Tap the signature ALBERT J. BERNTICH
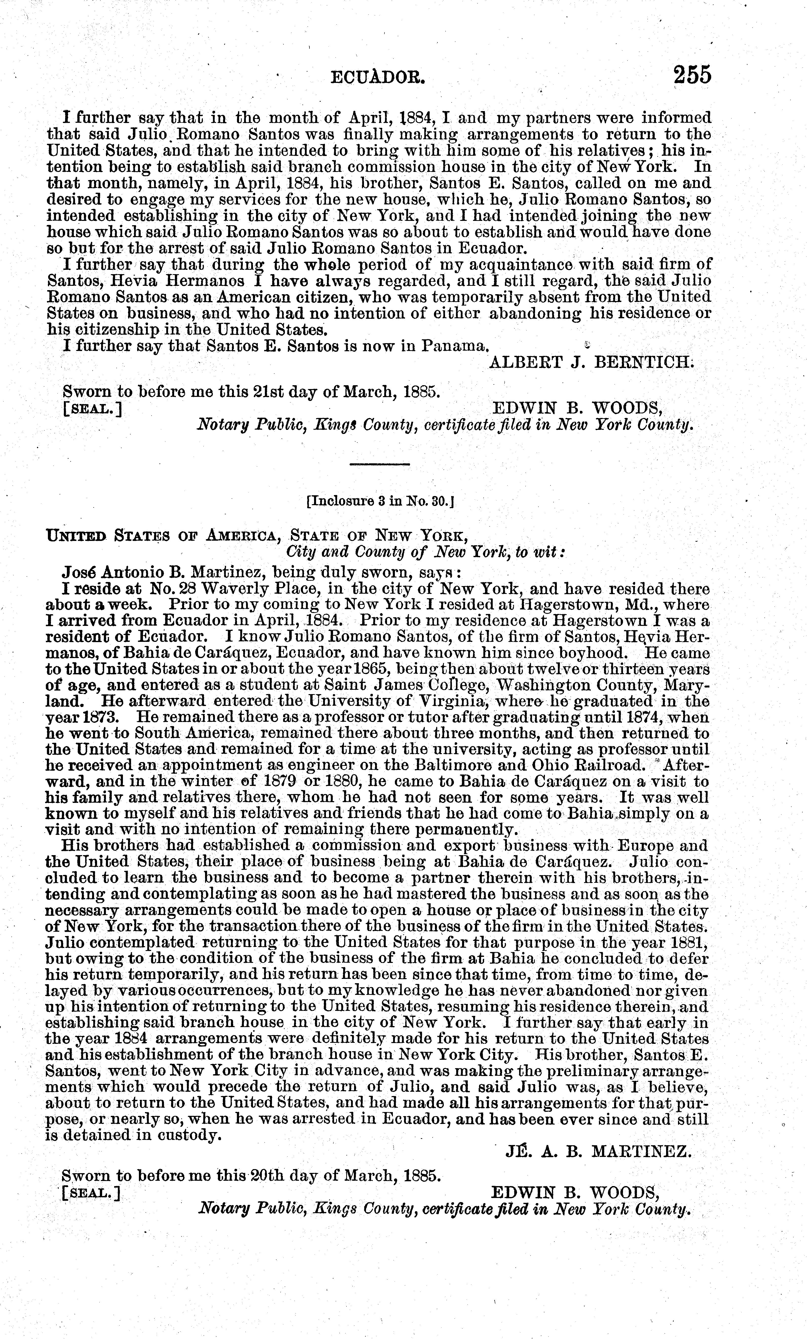[591, 362]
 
